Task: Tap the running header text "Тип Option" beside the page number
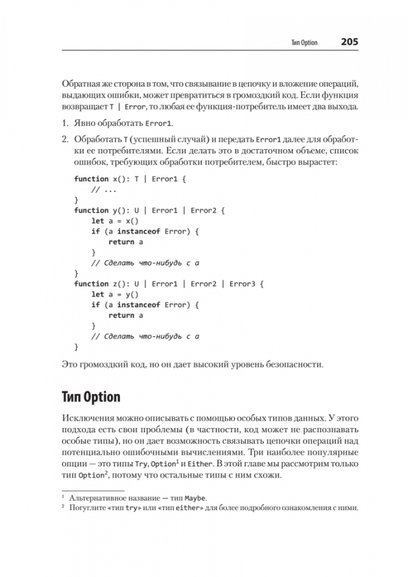(304, 43)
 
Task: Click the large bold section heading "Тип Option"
(91, 397)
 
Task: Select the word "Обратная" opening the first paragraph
(81, 84)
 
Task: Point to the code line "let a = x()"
(114, 221)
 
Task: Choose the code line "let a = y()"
(114, 294)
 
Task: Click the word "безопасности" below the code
(293, 365)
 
